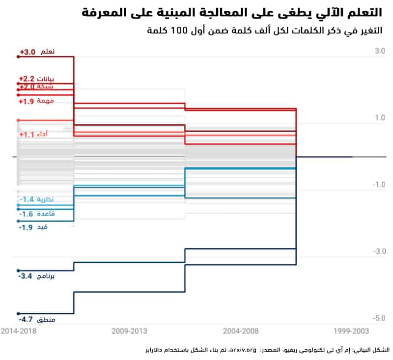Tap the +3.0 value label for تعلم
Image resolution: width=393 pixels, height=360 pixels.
pos(28,52)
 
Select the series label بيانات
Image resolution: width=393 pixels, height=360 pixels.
pos(46,79)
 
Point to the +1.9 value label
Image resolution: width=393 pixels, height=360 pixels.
pos(27,102)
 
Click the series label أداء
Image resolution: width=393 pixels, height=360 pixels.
pos(43,135)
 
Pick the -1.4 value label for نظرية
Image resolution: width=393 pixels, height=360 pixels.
pos(27,199)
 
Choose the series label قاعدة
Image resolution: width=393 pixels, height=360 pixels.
pos(46,214)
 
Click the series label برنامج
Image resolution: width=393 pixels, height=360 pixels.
pos(46,277)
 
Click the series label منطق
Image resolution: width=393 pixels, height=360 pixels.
pos(46,320)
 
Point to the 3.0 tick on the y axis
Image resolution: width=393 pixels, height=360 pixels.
pos(380,51)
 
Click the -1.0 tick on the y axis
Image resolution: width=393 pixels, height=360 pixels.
pos(379,185)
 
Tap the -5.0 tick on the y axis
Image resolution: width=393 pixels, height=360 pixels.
pos(379,319)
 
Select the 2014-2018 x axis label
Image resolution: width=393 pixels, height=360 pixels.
pos(19,332)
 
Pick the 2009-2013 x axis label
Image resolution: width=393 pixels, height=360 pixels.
pos(130,332)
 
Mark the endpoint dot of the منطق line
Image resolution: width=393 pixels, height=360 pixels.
pos(18,313)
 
